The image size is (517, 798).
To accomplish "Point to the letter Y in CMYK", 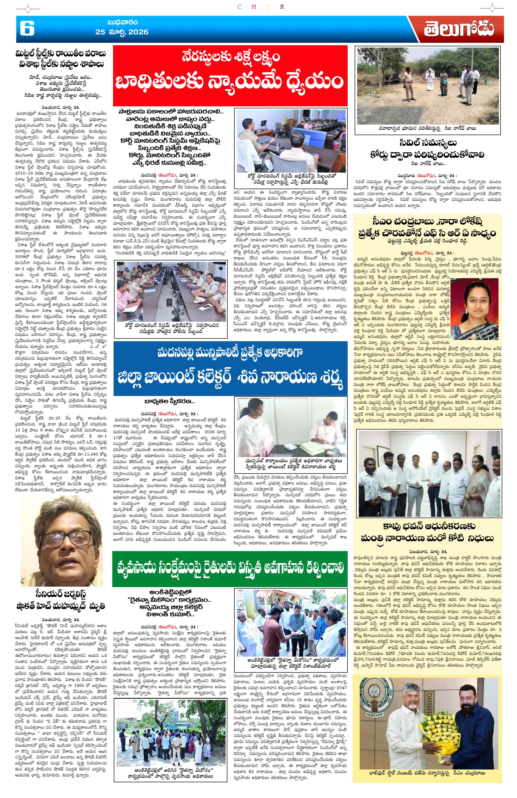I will (268, 7).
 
